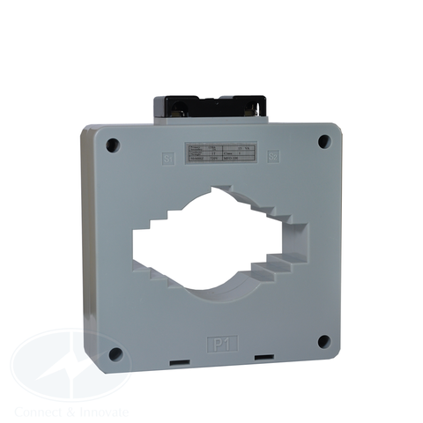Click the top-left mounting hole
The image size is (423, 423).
[111, 145]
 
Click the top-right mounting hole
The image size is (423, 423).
[323, 140]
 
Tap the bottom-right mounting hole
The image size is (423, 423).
[323, 340]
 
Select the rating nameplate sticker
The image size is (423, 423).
[219, 151]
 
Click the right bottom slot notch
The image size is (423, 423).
[262, 358]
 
